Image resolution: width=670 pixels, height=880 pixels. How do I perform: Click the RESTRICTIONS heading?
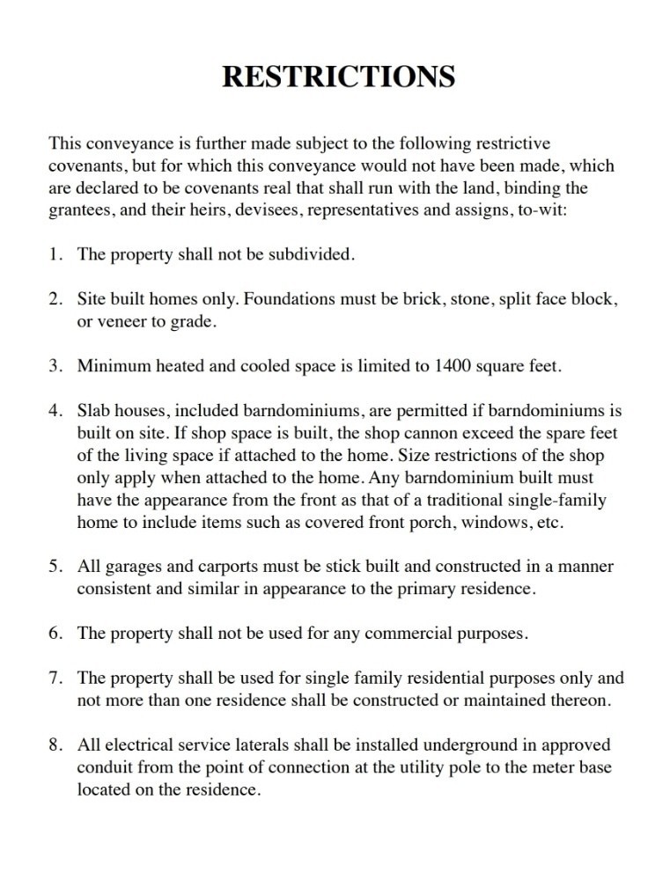pos(338,77)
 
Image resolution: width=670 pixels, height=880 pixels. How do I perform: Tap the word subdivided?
pos(313,255)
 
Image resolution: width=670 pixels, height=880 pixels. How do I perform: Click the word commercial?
pos(373,634)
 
